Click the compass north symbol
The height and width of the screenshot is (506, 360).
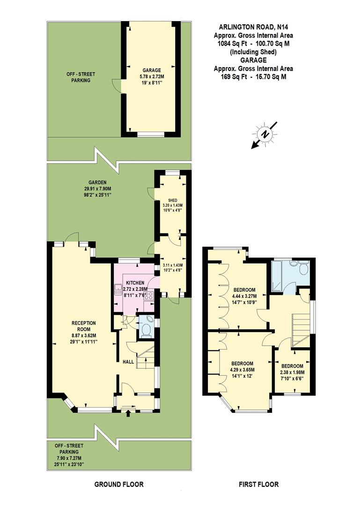[x=264, y=134]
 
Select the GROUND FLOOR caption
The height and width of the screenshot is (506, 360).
[x=119, y=484]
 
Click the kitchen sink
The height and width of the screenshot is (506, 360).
[x=118, y=290]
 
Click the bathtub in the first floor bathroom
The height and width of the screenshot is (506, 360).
[x=277, y=276]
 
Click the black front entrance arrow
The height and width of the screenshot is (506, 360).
[x=129, y=413]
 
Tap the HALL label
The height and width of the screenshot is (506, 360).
[x=128, y=362]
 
